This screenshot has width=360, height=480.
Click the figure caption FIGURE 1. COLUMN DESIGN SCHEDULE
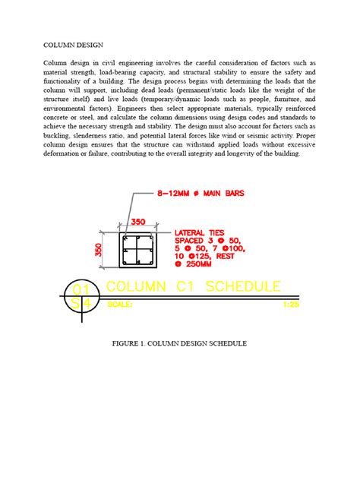[179, 344]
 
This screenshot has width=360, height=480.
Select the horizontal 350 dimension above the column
[137, 223]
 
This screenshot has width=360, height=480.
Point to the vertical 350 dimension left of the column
[99, 250]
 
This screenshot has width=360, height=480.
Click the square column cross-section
[137, 251]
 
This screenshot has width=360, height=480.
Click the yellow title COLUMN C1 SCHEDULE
[193, 287]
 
